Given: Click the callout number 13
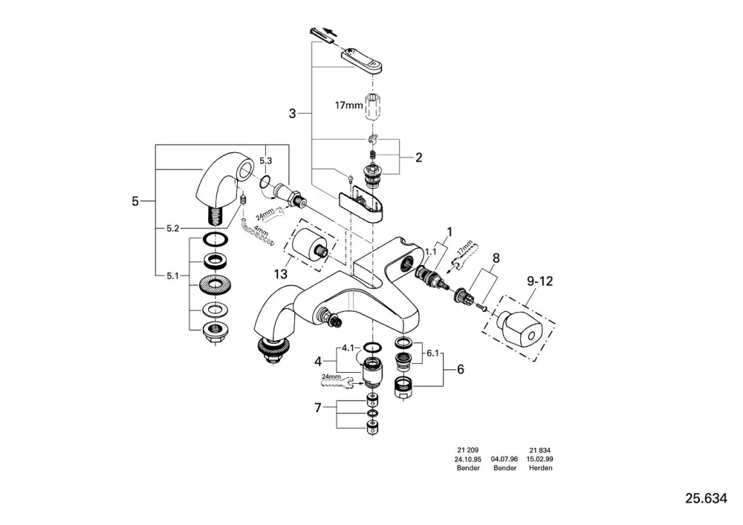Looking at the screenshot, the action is pyautogui.click(x=281, y=273).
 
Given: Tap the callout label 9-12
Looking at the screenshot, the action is pyautogui.click(x=539, y=281).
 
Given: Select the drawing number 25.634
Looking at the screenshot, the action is pyautogui.click(x=706, y=498).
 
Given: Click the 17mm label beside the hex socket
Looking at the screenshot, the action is pyautogui.click(x=348, y=105).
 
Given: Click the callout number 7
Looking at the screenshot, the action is pyautogui.click(x=318, y=407).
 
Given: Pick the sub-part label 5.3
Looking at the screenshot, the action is pyautogui.click(x=266, y=161).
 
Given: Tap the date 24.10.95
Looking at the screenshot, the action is pyautogui.click(x=467, y=459).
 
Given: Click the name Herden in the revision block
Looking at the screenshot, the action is pyautogui.click(x=541, y=468).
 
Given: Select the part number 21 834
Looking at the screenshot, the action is pyautogui.click(x=540, y=450).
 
